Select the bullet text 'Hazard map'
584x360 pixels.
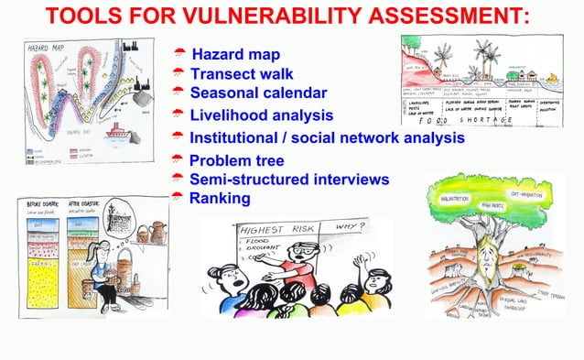[x=234, y=56]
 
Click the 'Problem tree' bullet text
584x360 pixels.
[x=235, y=161]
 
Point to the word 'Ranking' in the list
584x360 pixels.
[x=219, y=197]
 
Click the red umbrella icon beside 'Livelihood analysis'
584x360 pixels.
[x=178, y=115]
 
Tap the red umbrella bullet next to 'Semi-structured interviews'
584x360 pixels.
[x=178, y=180]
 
